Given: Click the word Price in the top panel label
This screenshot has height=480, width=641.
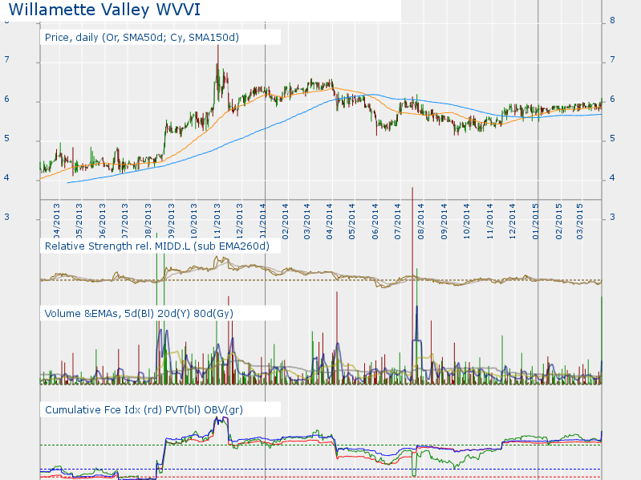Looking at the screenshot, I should pyautogui.click(x=58, y=37).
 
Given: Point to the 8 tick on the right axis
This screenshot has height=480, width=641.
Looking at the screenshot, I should pyautogui.click(x=613, y=21).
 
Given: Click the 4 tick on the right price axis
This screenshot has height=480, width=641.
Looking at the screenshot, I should pyautogui.click(x=613, y=178).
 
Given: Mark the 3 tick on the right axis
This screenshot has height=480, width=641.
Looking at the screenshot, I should pyautogui.click(x=613, y=218).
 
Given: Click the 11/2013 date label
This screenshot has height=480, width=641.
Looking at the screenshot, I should pyautogui.click(x=217, y=218).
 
